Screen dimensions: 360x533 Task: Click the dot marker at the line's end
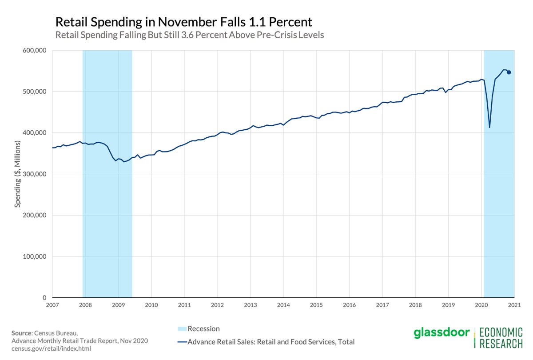coord(509,72)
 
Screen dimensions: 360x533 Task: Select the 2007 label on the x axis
coord(52,305)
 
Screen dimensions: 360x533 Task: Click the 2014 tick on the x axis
coord(283,305)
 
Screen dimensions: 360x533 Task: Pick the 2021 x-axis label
coord(514,305)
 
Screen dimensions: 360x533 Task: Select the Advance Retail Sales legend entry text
coord(271,342)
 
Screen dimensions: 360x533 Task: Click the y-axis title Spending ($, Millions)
coord(18,174)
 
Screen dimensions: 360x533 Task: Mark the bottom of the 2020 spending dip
coord(489,128)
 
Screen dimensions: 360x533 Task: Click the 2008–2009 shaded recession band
coord(107,173)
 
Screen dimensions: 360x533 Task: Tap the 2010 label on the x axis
coord(151,305)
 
